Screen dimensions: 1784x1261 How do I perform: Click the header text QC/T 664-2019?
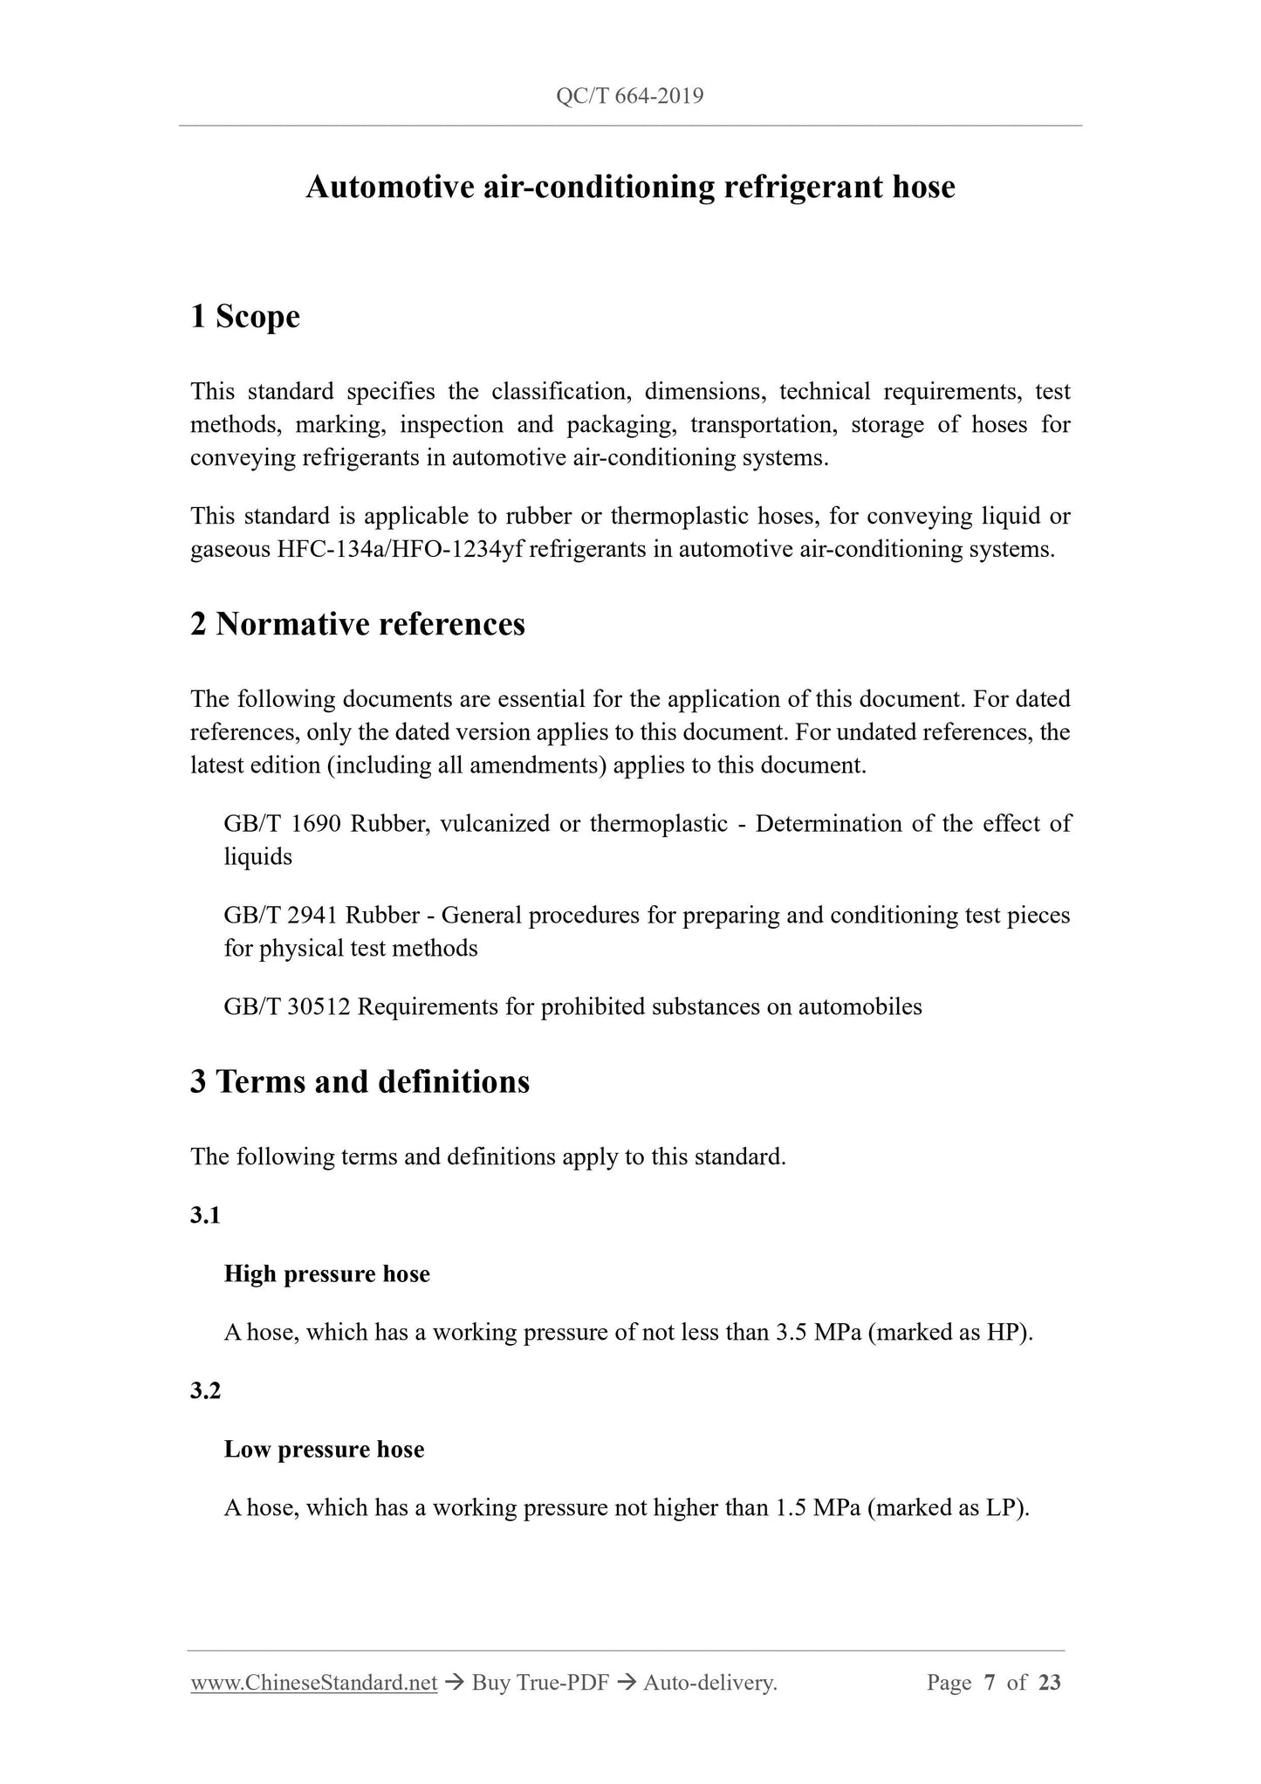[x=629, y=96]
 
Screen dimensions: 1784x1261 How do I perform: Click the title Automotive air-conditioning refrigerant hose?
[x=630, y=187]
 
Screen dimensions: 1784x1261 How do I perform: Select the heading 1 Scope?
[x=245, y=316]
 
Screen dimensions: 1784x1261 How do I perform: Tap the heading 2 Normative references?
[x=358, y=624]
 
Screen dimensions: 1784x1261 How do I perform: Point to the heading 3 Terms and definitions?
[x=360, y=1081]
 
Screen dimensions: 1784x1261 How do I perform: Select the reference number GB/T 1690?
[x=283, y=824]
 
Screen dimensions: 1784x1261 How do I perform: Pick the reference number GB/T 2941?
[x=281, y=916]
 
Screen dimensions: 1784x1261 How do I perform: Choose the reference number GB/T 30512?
[x=287, y=1007]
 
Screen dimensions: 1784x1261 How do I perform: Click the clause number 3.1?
[x=205, y=1215]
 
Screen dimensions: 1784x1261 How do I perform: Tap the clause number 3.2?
[x=205, y=1390]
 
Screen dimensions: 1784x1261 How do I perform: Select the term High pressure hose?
[x=327, y=1274]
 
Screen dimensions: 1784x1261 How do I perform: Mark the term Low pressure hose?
[x=325, y=1450]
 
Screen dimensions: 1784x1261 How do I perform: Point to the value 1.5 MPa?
[x=819, y=1508]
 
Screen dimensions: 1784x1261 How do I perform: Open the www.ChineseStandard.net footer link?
[x=314, y=1683]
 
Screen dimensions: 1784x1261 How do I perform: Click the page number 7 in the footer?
[x=990, y=1683]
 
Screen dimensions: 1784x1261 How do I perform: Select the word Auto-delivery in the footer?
[x=709, y=1683]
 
